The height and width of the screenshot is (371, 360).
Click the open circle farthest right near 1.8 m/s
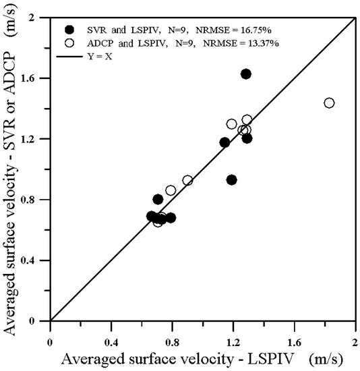pos(329,103)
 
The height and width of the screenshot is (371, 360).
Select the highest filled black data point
pos(246,74)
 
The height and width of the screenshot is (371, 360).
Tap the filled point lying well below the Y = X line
pos(231,179)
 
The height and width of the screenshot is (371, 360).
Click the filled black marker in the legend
pos(69,30)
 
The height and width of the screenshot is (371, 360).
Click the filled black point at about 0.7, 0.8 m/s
pos(158,199)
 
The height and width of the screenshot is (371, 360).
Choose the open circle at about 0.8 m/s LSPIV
pos(171,190)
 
